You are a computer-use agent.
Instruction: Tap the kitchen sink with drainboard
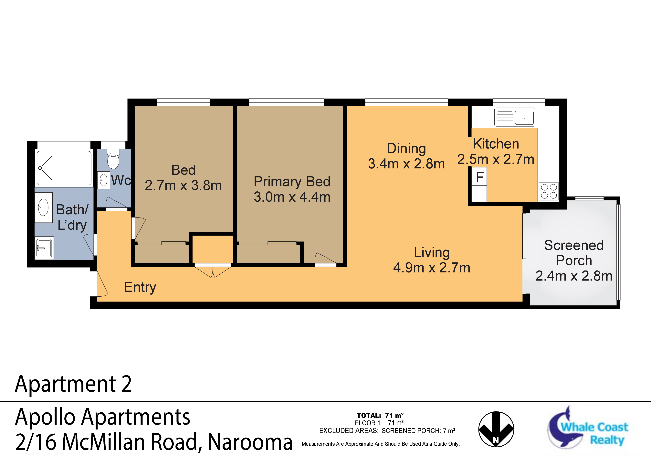515,117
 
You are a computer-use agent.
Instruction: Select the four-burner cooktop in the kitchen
549,191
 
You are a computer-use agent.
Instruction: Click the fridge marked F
479,177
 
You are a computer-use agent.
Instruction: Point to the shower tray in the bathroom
64,168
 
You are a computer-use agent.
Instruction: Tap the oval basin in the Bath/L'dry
43,207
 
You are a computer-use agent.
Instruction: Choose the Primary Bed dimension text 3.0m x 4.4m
292,197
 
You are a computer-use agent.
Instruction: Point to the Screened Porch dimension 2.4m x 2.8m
574,276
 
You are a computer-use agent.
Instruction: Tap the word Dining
406,149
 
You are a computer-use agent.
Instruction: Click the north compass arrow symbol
496,429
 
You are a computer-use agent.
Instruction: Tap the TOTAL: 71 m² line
380,415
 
